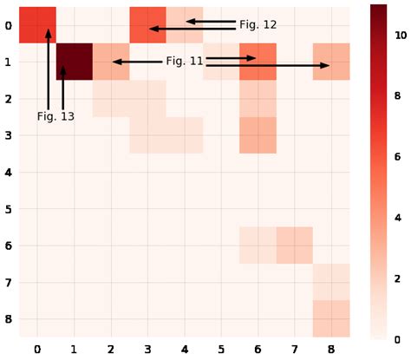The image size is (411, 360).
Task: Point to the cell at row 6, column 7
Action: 295,245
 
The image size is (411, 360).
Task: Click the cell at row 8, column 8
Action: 331,319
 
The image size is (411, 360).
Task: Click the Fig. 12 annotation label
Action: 258,24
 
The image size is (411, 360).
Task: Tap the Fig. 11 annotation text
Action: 184,62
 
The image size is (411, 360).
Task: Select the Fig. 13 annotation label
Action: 55,116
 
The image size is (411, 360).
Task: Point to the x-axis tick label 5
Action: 221,349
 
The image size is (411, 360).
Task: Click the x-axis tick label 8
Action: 331,349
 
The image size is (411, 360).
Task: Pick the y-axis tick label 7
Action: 8,283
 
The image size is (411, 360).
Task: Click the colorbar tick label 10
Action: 400,35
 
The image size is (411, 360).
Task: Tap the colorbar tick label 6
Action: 397,156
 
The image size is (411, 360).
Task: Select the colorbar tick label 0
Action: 397,338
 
